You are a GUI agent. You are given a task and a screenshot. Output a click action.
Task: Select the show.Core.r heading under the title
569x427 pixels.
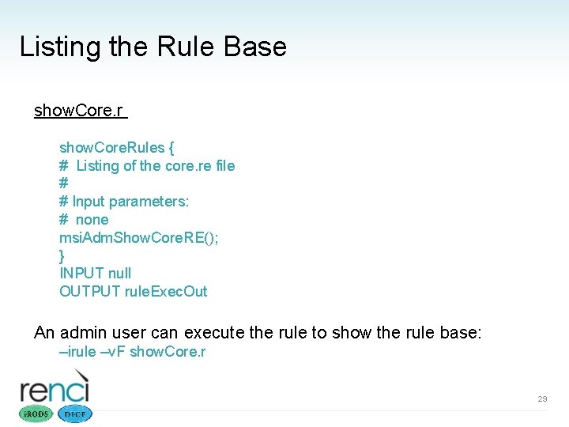click(x=79, y=111)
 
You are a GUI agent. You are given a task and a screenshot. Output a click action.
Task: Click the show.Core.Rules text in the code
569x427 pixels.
click(x=111, y=148)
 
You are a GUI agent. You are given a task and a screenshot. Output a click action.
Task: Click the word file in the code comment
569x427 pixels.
click(x=225, y=166)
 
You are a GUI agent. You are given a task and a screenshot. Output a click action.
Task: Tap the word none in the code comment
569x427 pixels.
click(x=92, y=220)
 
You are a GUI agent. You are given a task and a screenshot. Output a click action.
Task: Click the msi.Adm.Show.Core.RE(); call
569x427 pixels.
click(x=138, y=238)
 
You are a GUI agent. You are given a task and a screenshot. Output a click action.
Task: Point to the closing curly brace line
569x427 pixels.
click(x=62, y=255)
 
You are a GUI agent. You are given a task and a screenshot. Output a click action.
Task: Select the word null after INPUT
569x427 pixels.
click(x=119, y=274)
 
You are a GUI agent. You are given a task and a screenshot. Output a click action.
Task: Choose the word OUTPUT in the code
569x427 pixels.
click(x=90, y=292)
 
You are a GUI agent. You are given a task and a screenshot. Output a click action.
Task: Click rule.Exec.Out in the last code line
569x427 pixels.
click(x=166, y=292)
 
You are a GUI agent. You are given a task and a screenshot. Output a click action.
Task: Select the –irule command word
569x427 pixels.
click(x=77, y=352)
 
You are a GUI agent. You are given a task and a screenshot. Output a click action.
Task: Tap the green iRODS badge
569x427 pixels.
click(x=36, y=414)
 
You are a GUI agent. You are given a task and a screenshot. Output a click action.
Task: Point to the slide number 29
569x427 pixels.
click(x=542, y=399)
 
